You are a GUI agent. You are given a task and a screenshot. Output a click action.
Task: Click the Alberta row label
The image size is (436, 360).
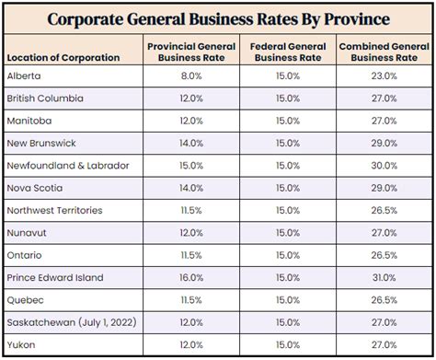[24, 76]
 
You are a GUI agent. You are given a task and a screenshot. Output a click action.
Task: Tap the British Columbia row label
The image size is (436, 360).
[45, 99]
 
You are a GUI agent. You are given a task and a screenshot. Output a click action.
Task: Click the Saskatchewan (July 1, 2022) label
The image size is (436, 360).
[64, 322]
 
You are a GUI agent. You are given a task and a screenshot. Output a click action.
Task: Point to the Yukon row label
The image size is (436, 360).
[21, 344]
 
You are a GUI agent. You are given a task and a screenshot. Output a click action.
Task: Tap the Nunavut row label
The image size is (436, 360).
[27, 233]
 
